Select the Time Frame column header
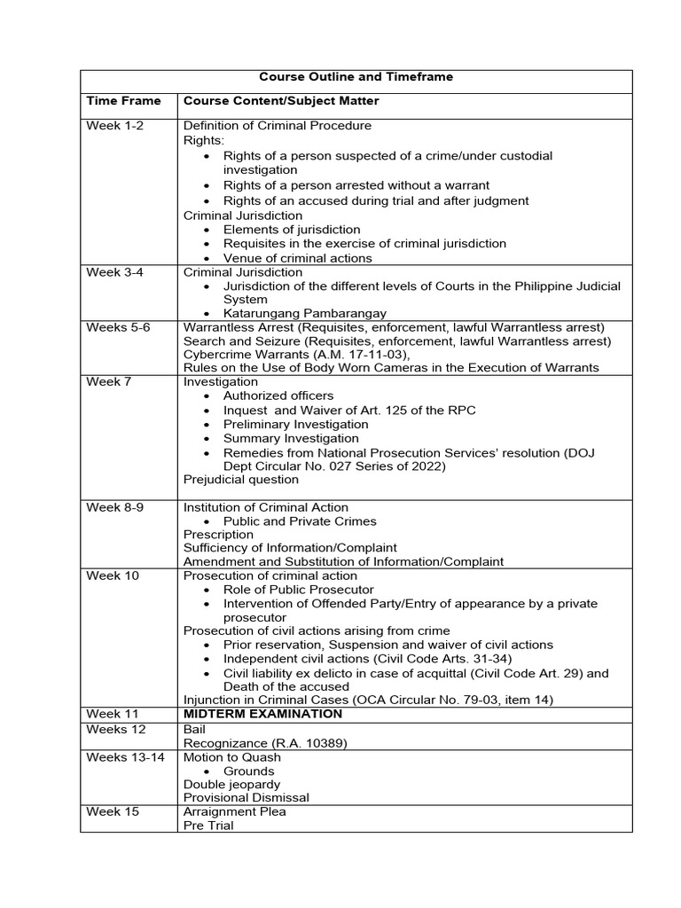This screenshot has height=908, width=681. (x=123, y=101)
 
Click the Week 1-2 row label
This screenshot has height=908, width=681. (x=114, y=126)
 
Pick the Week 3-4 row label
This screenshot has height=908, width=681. (x=114, y=272)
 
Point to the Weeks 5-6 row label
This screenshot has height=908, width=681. (x=118, y=327)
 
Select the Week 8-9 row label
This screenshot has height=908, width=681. (x=114, y=507)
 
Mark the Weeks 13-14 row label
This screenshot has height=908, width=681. (x=125, y=757)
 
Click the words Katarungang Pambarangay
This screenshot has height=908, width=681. (x=304, y=313)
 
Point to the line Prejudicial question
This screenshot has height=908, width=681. (x=241, y=480)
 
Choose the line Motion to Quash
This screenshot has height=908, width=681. (x=232, y=757)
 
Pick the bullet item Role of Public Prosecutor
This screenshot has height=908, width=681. (x=298, y=590)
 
